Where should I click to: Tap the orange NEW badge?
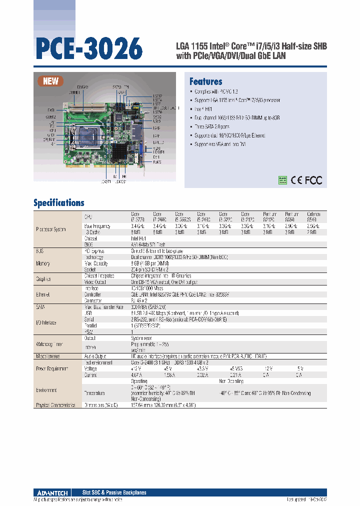[51, 81]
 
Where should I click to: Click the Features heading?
[205, 81]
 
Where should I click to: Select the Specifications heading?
[58, 203]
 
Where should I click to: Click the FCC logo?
[314, 180]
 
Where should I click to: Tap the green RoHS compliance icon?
[282, 180]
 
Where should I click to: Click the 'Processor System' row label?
[51, 229]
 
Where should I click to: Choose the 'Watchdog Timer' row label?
[49, 343]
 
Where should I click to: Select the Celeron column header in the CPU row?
[313, 216]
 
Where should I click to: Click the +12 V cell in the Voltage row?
[137, 368]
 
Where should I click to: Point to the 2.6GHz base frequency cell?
[313, 226]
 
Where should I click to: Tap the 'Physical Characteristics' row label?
[55, 405]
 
